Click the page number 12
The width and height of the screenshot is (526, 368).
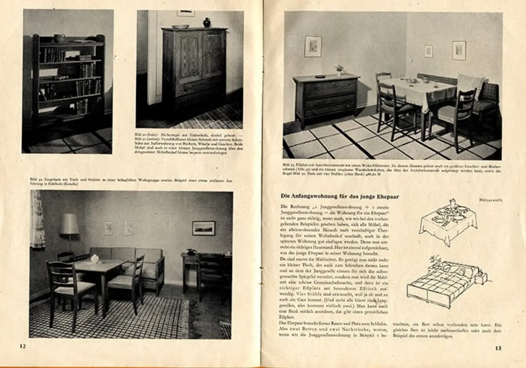pyautogui.click(x=22, y=346)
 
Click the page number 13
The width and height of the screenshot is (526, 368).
pyautogui.click(x=498, y=348)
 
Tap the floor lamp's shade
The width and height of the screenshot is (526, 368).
pyautogui.click(x=70, y=224)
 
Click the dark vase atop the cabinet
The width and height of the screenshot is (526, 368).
pyautogui.click(x=206, y=22)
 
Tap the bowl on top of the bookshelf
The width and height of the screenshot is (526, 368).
pyautogui.click(x=59, y=39)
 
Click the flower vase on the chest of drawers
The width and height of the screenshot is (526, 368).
pyautogui.click(x=339, y=70)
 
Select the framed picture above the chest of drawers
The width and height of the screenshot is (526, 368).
pyautogui.click(x=313, y=46)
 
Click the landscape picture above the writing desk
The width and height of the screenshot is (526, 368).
pyautogui.click(x=203, y=228)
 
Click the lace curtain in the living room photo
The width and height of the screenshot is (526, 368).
pyautogui.click(x=37, y=219)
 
